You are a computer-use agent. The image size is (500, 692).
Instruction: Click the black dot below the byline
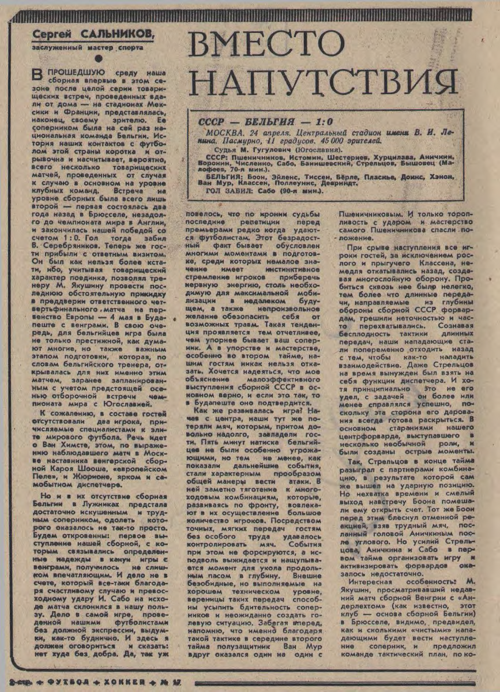(x=98, y=58)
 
